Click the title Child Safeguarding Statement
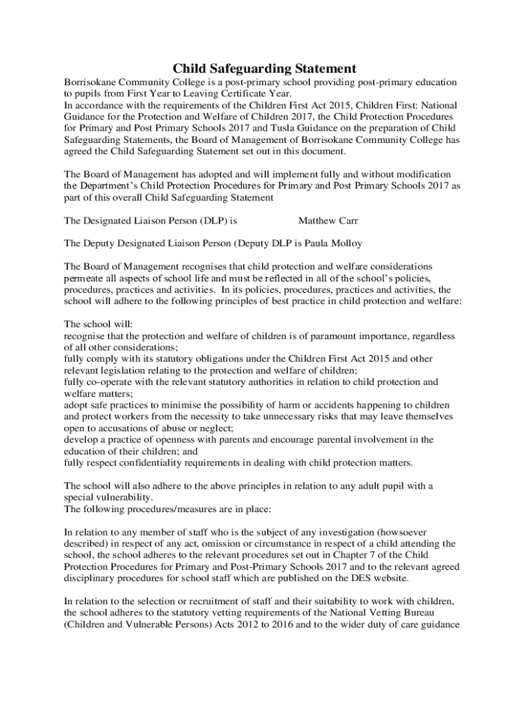(x=264, y=68)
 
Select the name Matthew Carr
(x=328, y=221)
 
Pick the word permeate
(x=85, y=278)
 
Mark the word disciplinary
(x=91, y=578)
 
